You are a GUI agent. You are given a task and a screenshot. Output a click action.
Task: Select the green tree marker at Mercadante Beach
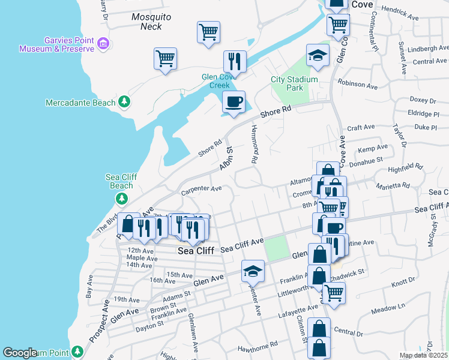[x=124, y=103]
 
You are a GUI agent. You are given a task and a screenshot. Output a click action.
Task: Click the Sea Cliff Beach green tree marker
[x=122, y=198]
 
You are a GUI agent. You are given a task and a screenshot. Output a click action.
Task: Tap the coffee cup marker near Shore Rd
[x=234, y=101]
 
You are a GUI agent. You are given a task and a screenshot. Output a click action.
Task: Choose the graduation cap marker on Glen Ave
[x=253, y=271]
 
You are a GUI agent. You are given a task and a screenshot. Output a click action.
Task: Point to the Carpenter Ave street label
[x=201, y=191]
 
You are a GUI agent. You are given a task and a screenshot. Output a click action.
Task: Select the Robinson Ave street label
[x=358, y=84]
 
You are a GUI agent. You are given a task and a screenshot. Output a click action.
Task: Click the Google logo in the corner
[x=20, y=353]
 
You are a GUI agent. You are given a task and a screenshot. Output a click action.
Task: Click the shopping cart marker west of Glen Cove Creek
[x=164, y=58]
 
